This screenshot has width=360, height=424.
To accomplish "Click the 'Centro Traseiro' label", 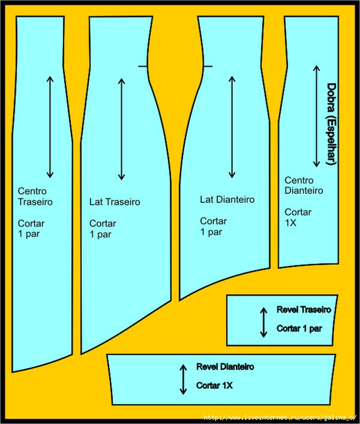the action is click(x=35, y=197).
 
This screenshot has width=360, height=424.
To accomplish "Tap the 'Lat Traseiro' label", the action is click(x=115, y=202).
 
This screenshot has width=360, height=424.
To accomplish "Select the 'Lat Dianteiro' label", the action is click(x=227, y=199).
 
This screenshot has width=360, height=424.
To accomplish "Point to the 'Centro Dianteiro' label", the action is click(x=304, y=185).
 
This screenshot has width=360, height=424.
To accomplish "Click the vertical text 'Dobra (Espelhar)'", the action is click(x=332, y=124).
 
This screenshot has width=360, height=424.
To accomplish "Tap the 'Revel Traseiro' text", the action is click(x=304, y=310).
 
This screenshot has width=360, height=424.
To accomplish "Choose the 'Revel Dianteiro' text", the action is click(x=225, y=366).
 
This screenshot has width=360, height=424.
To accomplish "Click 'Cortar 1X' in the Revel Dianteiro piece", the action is click(x=215, y=385).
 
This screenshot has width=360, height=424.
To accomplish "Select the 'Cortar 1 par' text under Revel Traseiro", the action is click(x=299, y=328).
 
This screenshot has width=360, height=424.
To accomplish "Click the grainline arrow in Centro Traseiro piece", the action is click(x=50, y=127).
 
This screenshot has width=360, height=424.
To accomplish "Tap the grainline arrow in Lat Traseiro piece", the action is click(x=121, y=129).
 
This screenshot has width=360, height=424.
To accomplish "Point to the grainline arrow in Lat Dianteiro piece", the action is click(x=232, y=127).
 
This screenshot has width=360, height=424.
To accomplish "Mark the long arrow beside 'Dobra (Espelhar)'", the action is click(x=316, y=116).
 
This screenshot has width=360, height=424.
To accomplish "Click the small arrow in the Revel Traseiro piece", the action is click(x=264, y=322).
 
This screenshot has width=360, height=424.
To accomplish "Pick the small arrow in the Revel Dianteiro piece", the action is click(x=183, y=379).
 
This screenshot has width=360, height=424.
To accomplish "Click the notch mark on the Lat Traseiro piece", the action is click(x=143, y=66).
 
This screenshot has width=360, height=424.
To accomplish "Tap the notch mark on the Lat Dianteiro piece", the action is click(x=207, y=66).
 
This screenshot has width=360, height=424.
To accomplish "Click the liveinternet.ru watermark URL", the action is click(x=280, y=417).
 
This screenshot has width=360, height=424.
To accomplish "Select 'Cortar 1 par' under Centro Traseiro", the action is click(x=31, y=229).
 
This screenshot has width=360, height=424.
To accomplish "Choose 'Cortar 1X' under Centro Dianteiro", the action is click(x=298, y=217).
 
